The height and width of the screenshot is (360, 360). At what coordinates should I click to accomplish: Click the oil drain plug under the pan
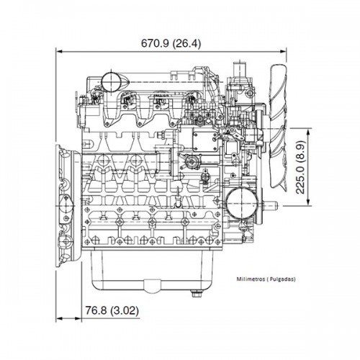pos(195,292)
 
